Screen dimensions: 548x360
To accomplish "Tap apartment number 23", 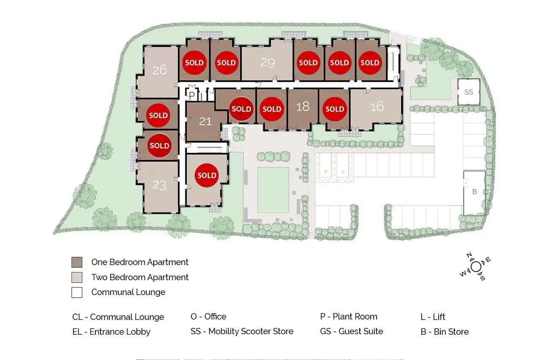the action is tap(159, 185).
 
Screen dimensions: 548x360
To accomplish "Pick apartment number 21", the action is tap(205, 121).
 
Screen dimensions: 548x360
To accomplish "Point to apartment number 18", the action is tap(303, 107).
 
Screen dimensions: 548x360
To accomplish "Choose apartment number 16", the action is tap(377, 107).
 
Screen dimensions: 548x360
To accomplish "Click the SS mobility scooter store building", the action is tap(469, 92).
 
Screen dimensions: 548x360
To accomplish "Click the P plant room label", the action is tap(192, 95).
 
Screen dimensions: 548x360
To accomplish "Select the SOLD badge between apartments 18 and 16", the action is tap(335, 109).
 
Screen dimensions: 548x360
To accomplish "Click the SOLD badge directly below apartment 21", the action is tap(207, 175).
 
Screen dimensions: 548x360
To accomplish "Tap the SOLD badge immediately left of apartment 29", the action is tap(226, 62).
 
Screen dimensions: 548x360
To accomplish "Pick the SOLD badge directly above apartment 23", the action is tap(159, 146).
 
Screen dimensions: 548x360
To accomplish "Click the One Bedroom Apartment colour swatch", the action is tap(77, 262).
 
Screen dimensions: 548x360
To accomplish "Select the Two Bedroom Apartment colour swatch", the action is tap(77, 277).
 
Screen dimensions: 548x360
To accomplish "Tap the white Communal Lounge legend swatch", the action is tap(77, 292).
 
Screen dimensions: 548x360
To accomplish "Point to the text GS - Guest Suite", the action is tap(352, 331).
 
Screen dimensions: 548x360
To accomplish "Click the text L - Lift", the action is tap(433, 317).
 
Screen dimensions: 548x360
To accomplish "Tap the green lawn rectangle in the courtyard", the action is tap(273, 190).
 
